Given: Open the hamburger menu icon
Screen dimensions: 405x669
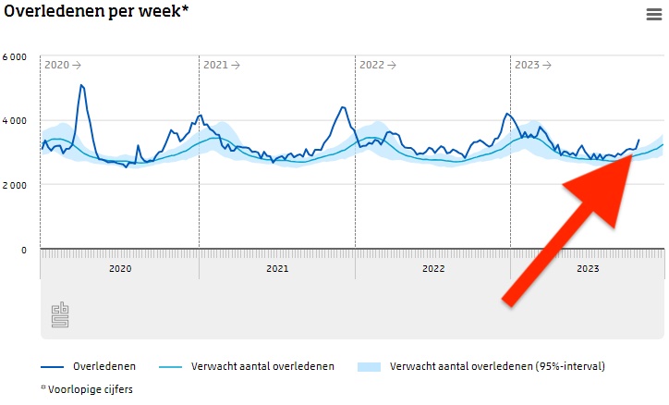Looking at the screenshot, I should [653, 14].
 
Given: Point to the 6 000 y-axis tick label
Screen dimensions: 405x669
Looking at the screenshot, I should [15, 56].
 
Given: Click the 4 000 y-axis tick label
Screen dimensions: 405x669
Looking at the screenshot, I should [15, 121].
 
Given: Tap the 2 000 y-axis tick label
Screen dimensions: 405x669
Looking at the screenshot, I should [15, 185].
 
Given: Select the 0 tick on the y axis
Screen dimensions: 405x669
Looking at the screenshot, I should [23, 250].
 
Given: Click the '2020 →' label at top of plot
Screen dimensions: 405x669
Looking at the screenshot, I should [63, 66].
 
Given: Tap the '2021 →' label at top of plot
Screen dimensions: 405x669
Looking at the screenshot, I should [222, 66].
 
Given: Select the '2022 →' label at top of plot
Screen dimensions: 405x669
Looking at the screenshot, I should [378, 66].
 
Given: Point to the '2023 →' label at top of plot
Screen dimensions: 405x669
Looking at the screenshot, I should [533, 66].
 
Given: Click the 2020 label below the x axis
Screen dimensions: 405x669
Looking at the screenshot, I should [120, 268].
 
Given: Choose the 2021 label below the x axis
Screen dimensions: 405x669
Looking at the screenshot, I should [277, 268].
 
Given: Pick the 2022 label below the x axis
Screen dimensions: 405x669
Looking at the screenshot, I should [433, 268].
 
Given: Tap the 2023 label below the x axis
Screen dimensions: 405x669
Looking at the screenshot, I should [588, 268].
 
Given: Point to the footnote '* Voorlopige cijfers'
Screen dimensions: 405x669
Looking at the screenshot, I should [87, 389].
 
